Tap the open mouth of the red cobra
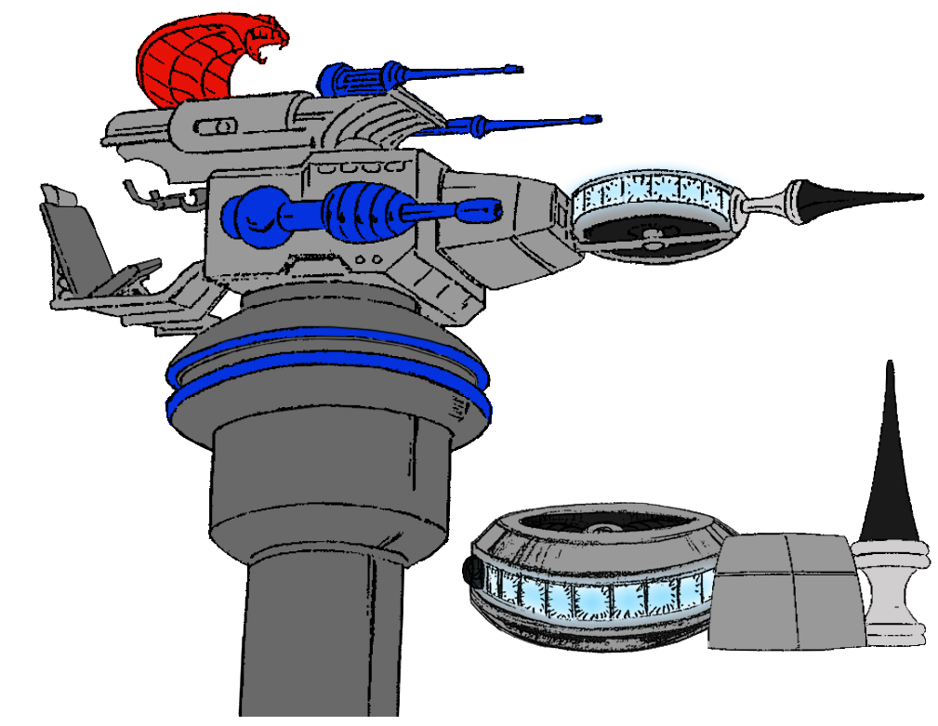tap(271, 43)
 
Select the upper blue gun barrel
tap(446, 72)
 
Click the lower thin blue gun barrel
tap(530, 122)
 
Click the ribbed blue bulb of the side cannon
tap(358, 213)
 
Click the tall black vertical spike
tap(890, 455)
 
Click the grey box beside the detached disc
tap(783, 591)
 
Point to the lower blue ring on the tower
tap(325, 389)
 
